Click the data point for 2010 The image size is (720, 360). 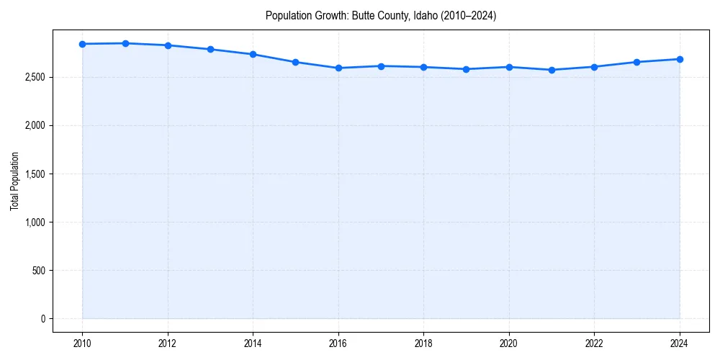pos(83,44)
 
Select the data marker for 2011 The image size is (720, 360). pos(125,43)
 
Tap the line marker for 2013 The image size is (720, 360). pos(210,49)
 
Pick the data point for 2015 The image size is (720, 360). pos(296,62)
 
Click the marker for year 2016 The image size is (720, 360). pos(338,68)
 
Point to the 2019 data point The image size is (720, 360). pos(467,69)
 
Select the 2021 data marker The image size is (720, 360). pos(552,70)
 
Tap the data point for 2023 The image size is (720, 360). pos(637,62)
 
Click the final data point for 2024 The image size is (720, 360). pos(680,59)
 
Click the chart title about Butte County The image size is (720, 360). pos(381,15)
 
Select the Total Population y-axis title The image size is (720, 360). pos(14,181)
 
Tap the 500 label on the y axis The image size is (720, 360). pos(37,271)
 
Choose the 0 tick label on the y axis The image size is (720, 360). pos(42,319)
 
